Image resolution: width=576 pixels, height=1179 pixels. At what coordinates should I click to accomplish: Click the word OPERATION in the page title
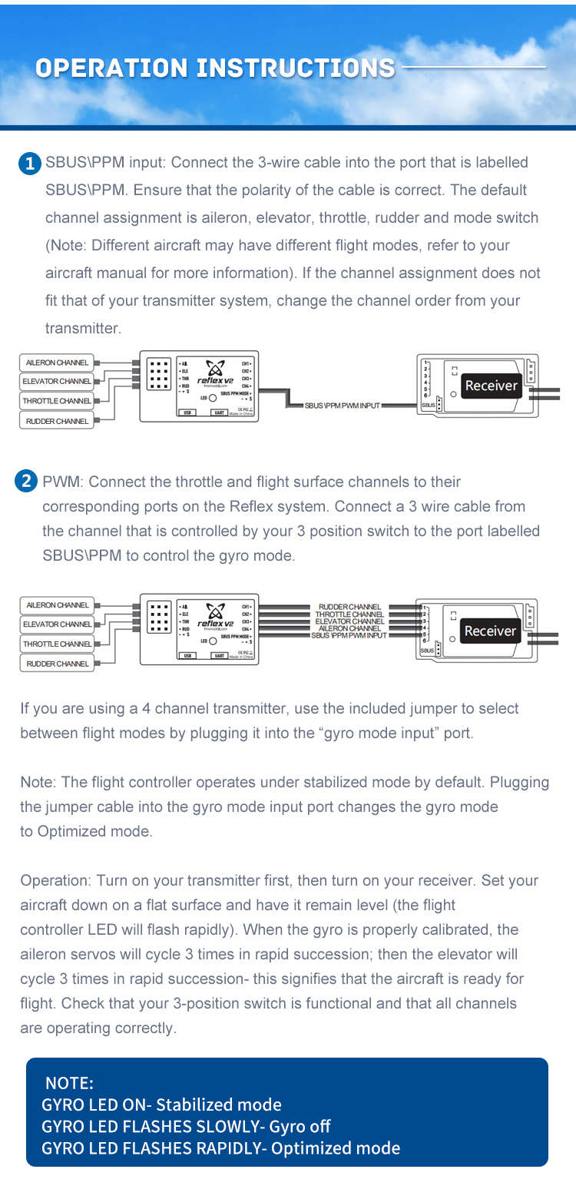click(x=114, y=68)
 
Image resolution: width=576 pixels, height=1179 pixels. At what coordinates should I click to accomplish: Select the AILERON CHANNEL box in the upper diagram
click(x=57, y=362)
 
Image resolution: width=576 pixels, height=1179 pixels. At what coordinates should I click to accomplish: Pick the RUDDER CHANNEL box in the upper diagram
click(x=57, y=421)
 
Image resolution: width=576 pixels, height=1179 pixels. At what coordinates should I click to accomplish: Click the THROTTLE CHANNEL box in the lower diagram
click(x=57, y=644)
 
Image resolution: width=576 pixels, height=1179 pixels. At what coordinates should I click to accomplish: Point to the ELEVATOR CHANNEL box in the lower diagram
click(x=57, y=624)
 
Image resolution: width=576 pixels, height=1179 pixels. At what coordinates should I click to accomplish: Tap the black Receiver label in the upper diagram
click(x=491, y=386)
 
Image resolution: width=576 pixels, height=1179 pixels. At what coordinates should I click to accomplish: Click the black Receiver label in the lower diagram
click(x=490, y=631)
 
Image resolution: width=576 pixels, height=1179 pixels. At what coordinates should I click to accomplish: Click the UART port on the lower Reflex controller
click(x=220, y=655)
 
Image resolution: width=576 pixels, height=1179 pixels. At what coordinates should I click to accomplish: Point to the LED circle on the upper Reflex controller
click(x=212, y=398)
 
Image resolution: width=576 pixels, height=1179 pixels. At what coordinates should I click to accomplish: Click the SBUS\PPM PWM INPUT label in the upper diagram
click(x=342, y=405)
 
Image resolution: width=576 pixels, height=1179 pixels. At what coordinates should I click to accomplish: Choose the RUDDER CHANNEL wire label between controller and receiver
click(x=349, y=607)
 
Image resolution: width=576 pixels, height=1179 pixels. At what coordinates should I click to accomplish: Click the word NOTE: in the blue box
click(x=69, y=1083)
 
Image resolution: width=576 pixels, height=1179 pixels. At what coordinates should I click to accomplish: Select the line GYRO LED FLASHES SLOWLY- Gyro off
click(x=186, y=1126)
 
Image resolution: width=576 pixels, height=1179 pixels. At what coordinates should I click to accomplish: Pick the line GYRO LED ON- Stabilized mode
click(x=161, y=1104)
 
